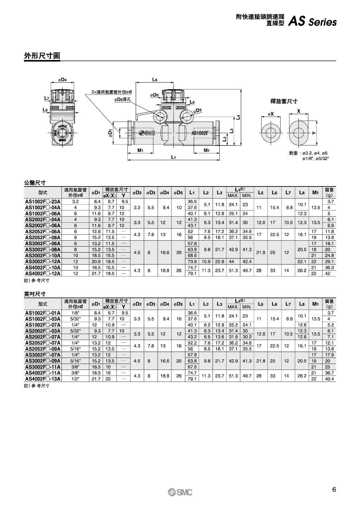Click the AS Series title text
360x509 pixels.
point(312,22)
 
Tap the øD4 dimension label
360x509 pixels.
point(63,80)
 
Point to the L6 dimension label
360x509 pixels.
point(155,80)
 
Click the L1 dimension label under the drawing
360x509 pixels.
point(173,157)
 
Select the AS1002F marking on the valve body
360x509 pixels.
point(200,133)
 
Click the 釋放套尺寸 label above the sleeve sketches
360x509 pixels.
point(283,101)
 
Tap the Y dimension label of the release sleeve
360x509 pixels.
point(314,133)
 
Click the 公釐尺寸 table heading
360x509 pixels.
point(34,183)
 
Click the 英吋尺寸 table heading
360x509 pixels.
point(34,294)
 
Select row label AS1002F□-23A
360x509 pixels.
point(43,202)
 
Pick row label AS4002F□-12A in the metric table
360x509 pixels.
point(43,273)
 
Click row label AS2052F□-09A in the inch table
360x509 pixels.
point(43,349)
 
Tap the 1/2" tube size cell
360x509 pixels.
point(75,379)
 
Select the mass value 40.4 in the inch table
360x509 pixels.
point(329,379)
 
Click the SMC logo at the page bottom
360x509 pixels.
point(180,492)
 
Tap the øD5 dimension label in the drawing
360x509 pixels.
point(155,95)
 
